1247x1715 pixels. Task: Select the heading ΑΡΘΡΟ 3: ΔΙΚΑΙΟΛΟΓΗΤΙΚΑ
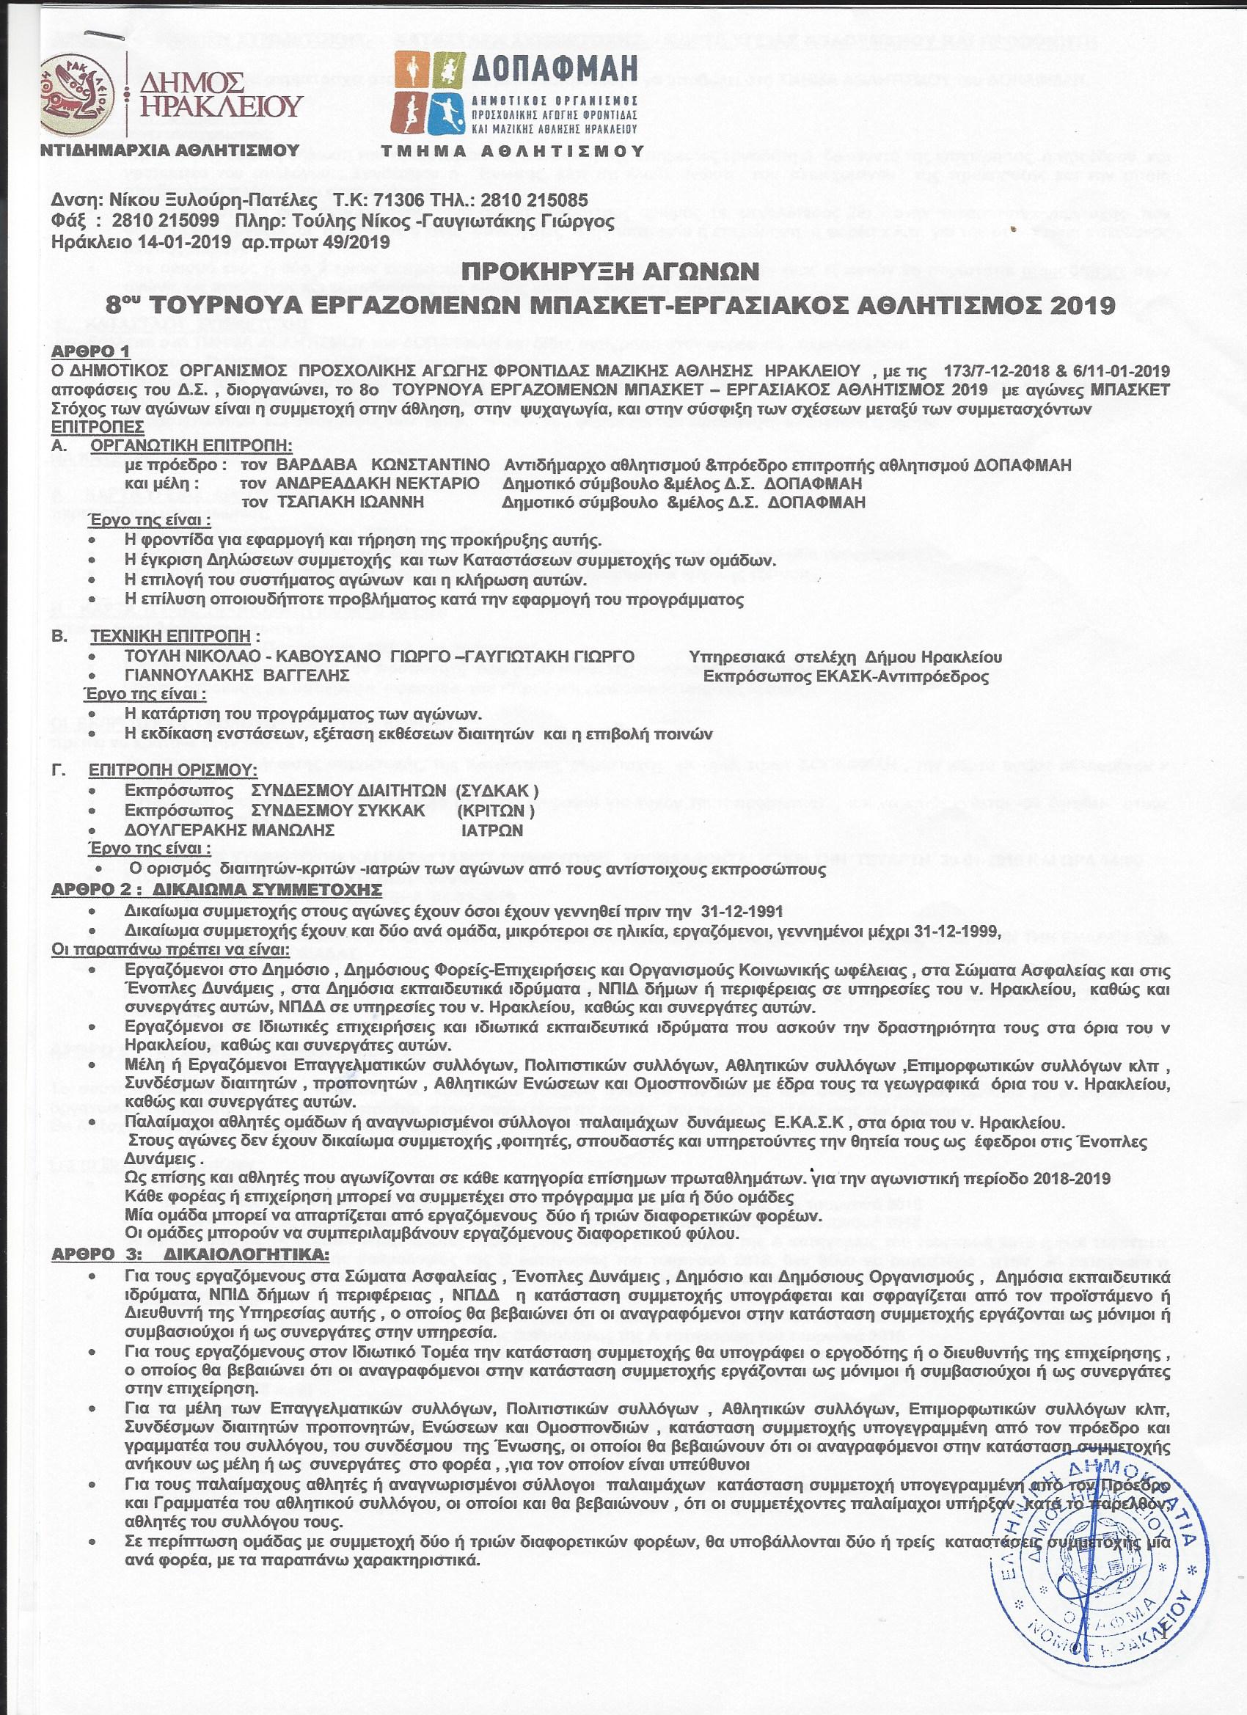190,1253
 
